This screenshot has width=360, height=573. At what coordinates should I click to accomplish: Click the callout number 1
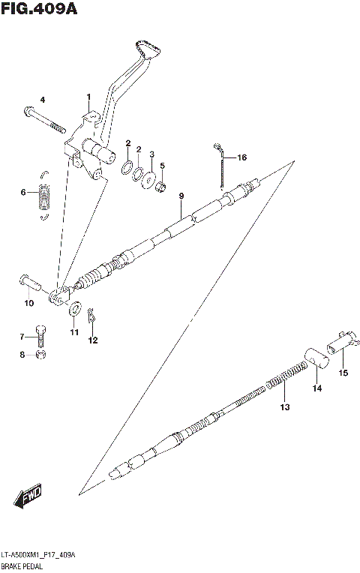pos(88,97)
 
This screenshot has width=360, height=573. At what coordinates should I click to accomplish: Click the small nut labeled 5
pos(160,185)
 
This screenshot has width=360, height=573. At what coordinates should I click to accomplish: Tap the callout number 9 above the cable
pos(181,196)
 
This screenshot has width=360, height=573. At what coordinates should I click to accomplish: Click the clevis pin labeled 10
pos(29,283)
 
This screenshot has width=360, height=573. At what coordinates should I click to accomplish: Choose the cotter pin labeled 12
pos(90,317)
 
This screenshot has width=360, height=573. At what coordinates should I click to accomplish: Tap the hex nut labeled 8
pos(43,354)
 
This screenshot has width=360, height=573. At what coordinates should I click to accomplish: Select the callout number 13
pos(284,407)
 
